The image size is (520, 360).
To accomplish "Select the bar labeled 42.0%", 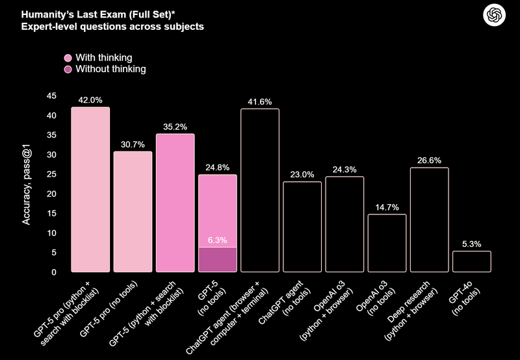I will click(x=90, y=189).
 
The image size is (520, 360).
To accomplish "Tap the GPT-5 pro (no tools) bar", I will click(x=133, y=211).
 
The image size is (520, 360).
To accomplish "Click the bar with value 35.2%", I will click(x=175, y=202).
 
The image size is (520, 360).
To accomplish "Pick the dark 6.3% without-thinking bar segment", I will click(x=217, y=259).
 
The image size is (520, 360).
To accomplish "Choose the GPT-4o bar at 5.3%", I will click(x=471, y=261).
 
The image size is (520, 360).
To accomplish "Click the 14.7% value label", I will click(x=387, y=207).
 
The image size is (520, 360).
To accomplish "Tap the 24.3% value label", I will click(x=344, y=170).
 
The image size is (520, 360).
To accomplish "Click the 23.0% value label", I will click(x=302, y=175).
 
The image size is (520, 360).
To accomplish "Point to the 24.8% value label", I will click(x=217, y=168).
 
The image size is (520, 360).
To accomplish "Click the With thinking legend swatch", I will click(x=67, y=57).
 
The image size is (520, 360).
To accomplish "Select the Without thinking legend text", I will click(x=110, y=68).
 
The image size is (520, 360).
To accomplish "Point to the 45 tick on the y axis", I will click(x=51, y=96).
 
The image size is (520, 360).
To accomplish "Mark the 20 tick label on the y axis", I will click(x=51, y=194).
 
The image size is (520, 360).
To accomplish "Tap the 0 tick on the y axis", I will click(x=54, y=272).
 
